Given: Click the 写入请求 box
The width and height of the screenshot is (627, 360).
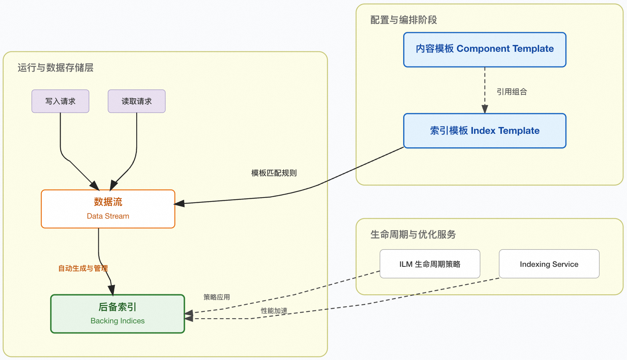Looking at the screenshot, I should pos(60,101).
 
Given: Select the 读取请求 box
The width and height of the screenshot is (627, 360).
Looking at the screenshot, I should pos(136,101).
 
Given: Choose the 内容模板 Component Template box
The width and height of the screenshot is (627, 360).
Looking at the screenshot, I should pos(484,49).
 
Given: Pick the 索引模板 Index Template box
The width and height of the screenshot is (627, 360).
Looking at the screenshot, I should pos(484,131).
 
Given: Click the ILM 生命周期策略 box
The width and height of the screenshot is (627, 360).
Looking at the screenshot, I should pos(429,264).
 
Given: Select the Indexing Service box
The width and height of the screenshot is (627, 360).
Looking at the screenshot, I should pos(549,264).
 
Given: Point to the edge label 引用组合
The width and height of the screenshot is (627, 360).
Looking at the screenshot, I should pos(511,92).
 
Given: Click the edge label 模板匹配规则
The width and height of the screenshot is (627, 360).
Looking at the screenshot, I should pos(274,173).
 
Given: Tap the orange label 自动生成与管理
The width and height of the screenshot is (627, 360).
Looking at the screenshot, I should pos(83,268).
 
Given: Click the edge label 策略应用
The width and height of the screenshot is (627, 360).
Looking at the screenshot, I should pos(216,297).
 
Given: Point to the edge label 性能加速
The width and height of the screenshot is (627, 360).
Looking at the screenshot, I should pos(274,311).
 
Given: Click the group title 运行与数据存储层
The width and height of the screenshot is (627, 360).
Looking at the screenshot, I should pos(55,68).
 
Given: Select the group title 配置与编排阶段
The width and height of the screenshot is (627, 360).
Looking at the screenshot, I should pos(404,20).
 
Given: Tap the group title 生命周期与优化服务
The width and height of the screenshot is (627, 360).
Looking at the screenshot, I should pos(413,234).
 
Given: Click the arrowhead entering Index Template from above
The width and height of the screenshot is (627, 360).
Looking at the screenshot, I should pos(485,110).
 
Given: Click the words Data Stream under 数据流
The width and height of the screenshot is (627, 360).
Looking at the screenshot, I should pos(108,216).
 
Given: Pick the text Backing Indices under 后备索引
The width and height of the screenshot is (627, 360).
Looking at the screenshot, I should pos(118,321).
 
